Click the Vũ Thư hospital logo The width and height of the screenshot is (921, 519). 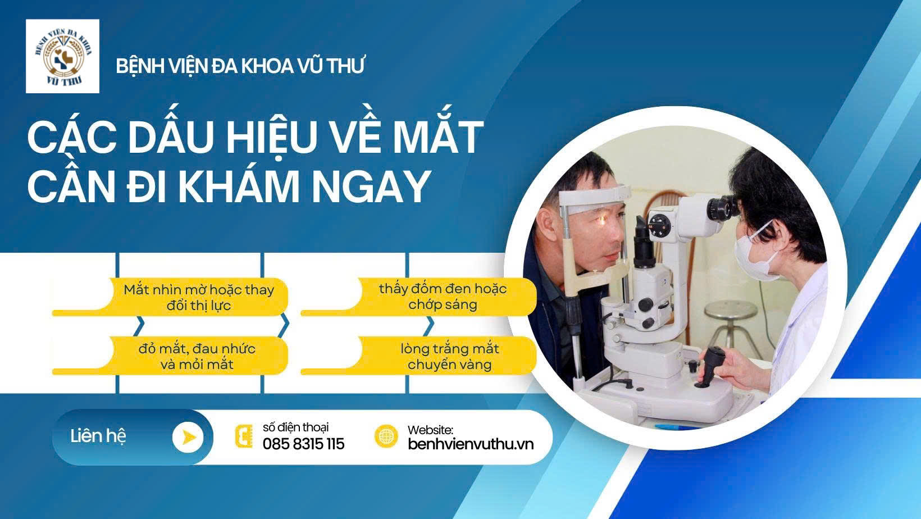[62, 56]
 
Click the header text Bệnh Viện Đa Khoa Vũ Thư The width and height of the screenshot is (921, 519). [240, 66]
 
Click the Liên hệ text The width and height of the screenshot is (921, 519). [98, 436]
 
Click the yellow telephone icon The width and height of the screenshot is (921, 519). [244, 436]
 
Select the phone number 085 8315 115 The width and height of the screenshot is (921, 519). [303, 444]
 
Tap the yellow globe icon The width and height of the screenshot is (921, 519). [386, 436]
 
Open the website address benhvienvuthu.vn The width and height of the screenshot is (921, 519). [471, 444]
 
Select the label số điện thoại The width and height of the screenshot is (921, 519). [295, 427]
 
